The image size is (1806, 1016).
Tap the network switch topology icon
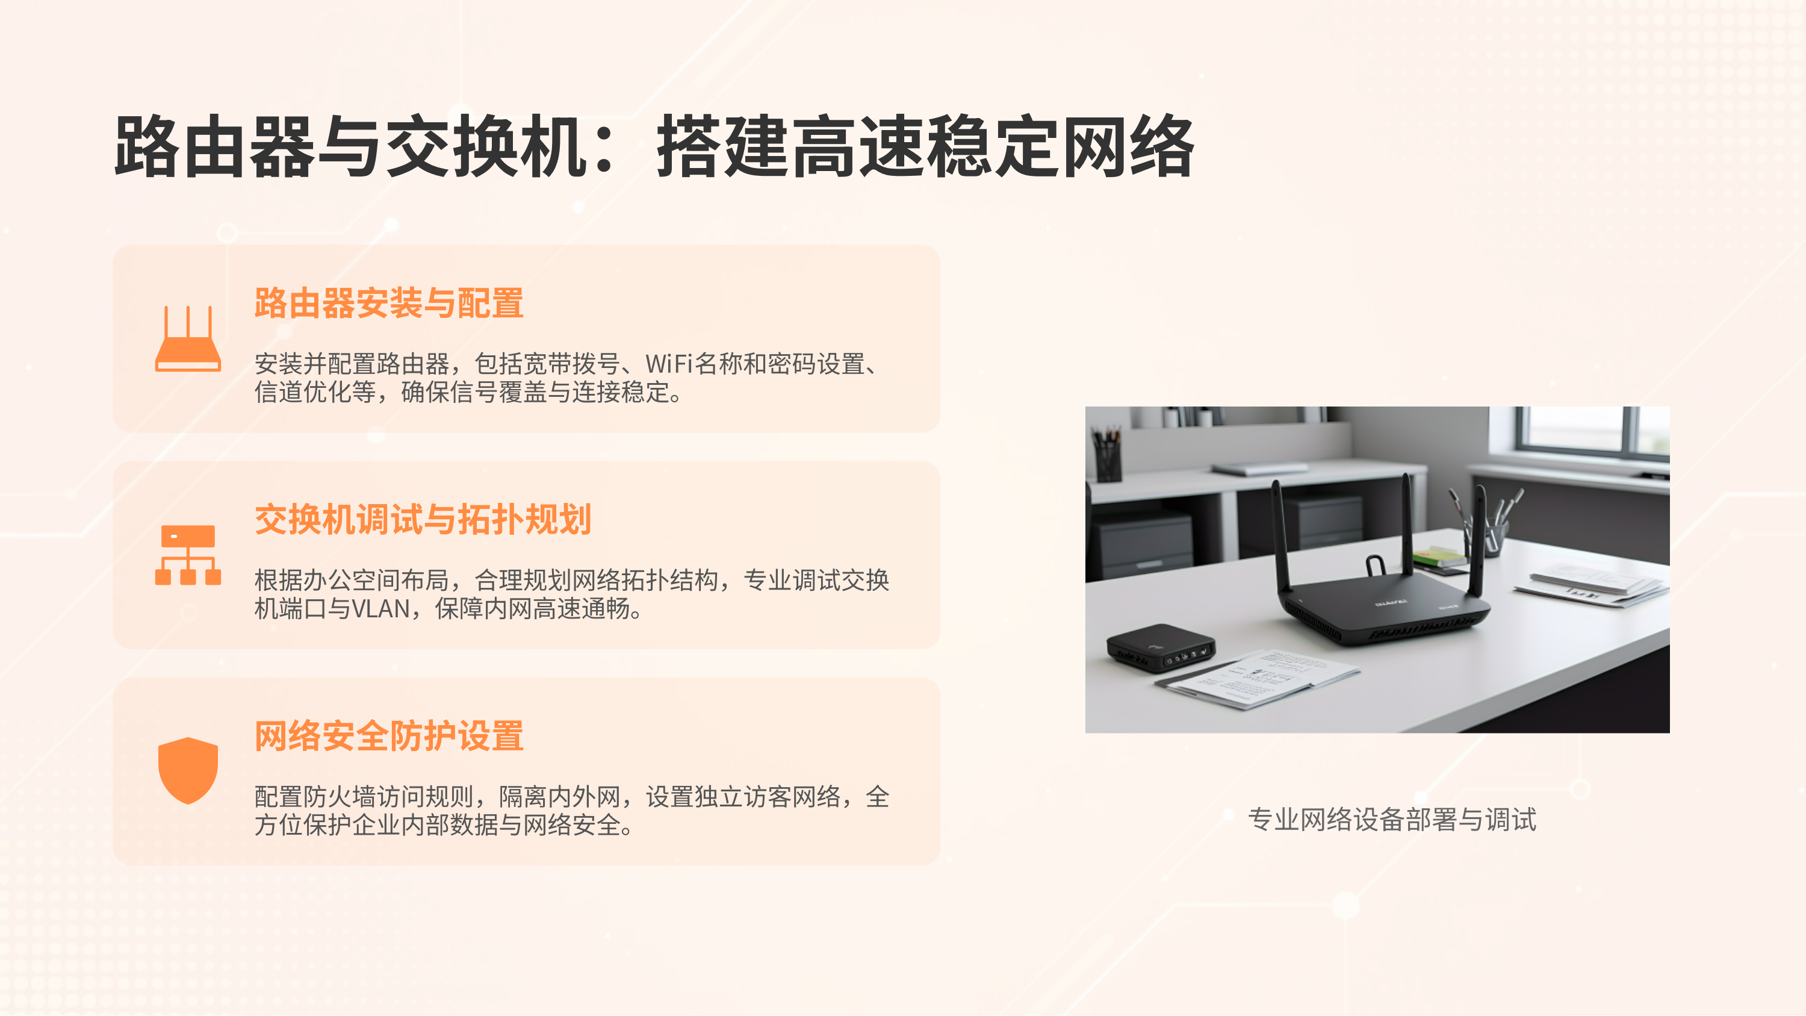coord(188,555)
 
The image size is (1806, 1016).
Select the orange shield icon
coord(188,770)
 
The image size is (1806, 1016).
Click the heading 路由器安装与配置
coord(388,304)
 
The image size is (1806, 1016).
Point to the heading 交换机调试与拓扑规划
coord(423,520)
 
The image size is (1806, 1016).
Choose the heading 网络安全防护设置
coord(388,736)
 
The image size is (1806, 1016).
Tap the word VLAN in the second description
coord(380,609)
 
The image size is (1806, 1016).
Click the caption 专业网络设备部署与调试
coord(1392,819)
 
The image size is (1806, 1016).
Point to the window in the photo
coord(1592,431)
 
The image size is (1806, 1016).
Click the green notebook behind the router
coord(1437,558)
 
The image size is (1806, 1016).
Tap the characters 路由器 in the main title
coord(214,147)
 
